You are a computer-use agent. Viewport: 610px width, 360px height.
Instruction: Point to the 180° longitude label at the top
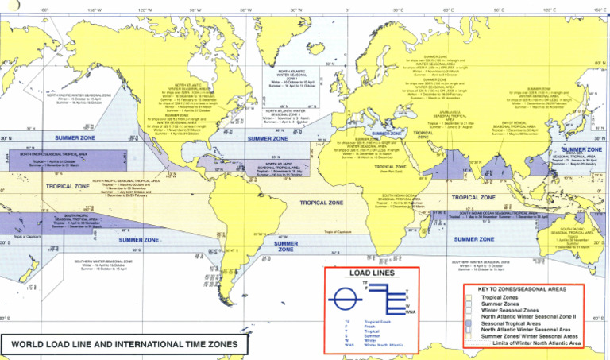tap(44, 10)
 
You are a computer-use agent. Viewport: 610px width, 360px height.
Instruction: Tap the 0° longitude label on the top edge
tap(346, 10)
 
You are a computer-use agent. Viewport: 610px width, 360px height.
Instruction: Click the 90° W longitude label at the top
tap(195, 10)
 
